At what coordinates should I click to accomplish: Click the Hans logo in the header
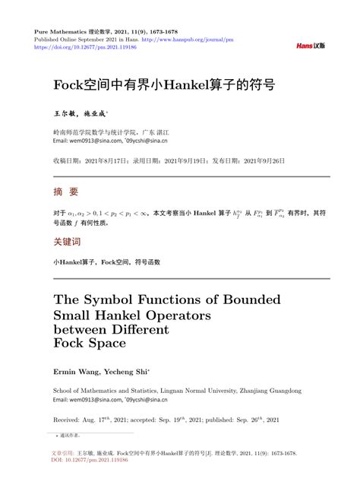pos(310,46)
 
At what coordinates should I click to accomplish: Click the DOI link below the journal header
pos(76,46)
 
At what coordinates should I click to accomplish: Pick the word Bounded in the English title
pos(248,298)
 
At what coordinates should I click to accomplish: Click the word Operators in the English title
pos(174,314)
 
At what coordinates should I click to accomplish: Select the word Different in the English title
pos(142,329)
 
